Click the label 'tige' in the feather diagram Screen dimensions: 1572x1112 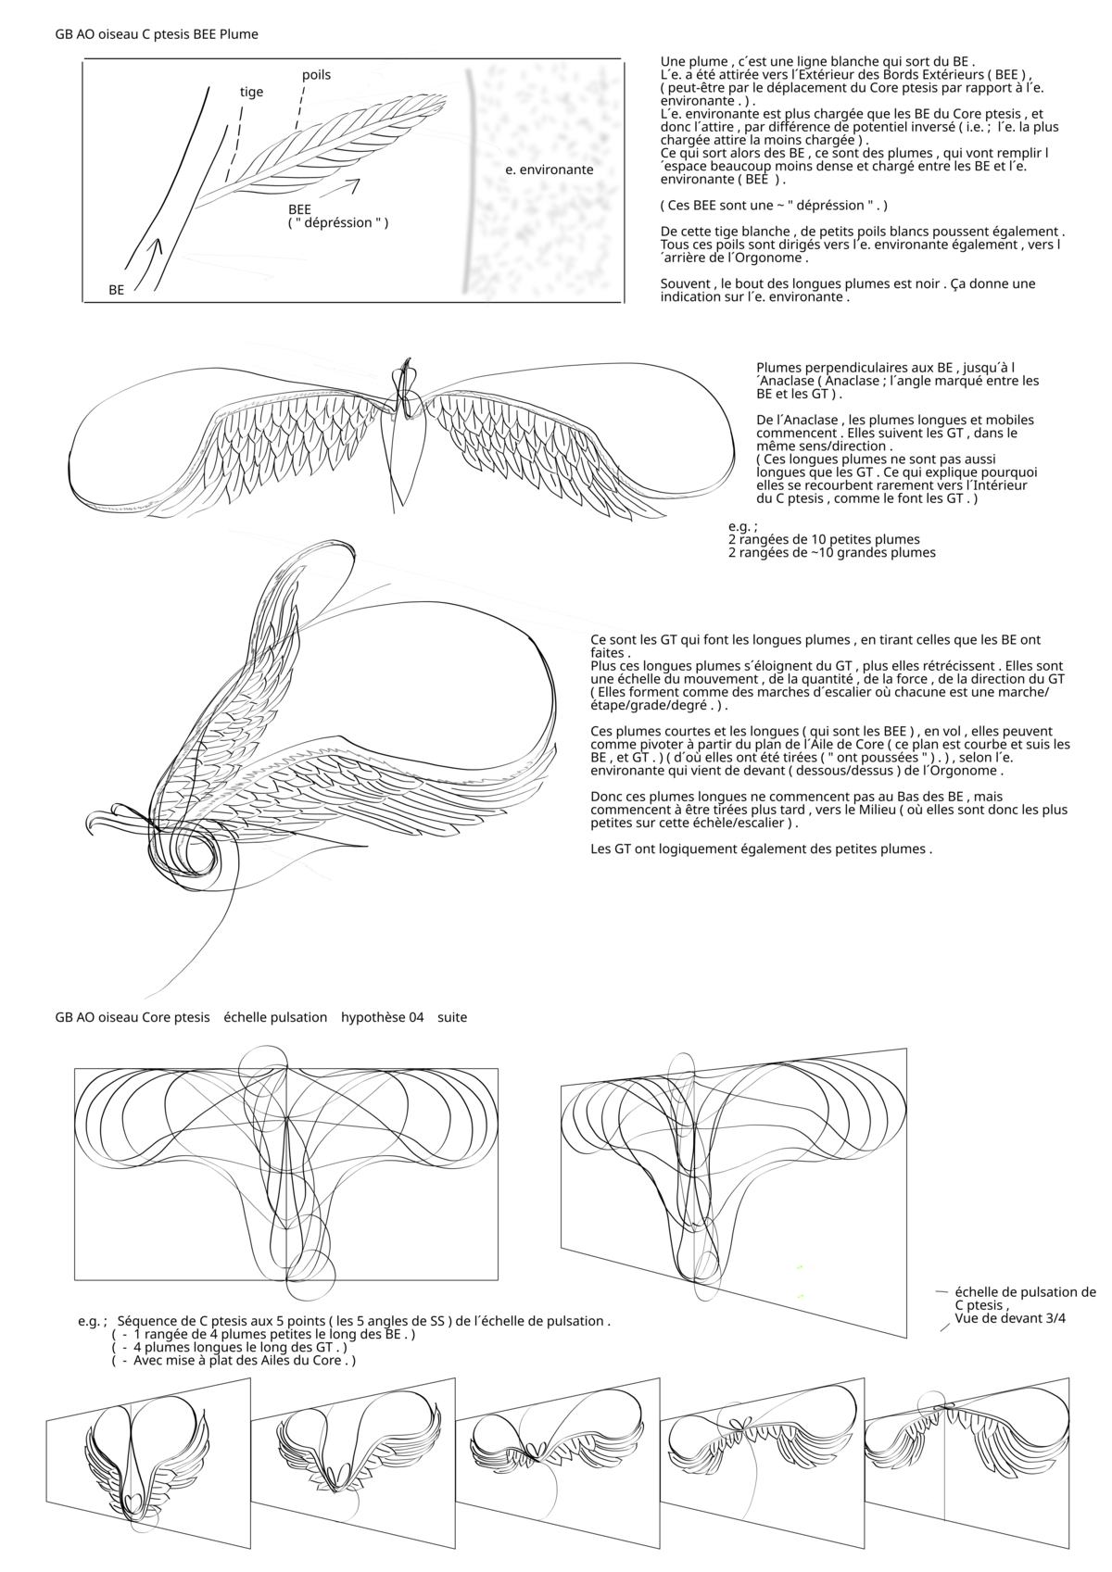tap(251, 92)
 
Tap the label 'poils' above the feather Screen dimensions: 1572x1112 tap(316, 75)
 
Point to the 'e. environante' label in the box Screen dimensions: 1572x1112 tap(550, 170)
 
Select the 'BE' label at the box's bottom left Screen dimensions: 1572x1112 tap(117, 290)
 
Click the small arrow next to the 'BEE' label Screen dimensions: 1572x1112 tap(343, 187)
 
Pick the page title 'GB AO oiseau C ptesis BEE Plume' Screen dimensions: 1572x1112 tap(157, 34)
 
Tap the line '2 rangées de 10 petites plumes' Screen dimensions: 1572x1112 tap(824, 539)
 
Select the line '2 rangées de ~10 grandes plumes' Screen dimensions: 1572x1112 tap(831, 553)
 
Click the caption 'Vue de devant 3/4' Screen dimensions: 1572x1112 tap(1009, 1318)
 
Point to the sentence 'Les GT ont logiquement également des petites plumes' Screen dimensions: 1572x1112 tap(761, 849)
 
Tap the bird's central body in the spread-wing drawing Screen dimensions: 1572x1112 tap(405, 445)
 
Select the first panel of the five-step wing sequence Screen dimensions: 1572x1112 tap(148, 1455)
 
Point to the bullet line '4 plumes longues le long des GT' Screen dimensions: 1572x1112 tap(240, 1348)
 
